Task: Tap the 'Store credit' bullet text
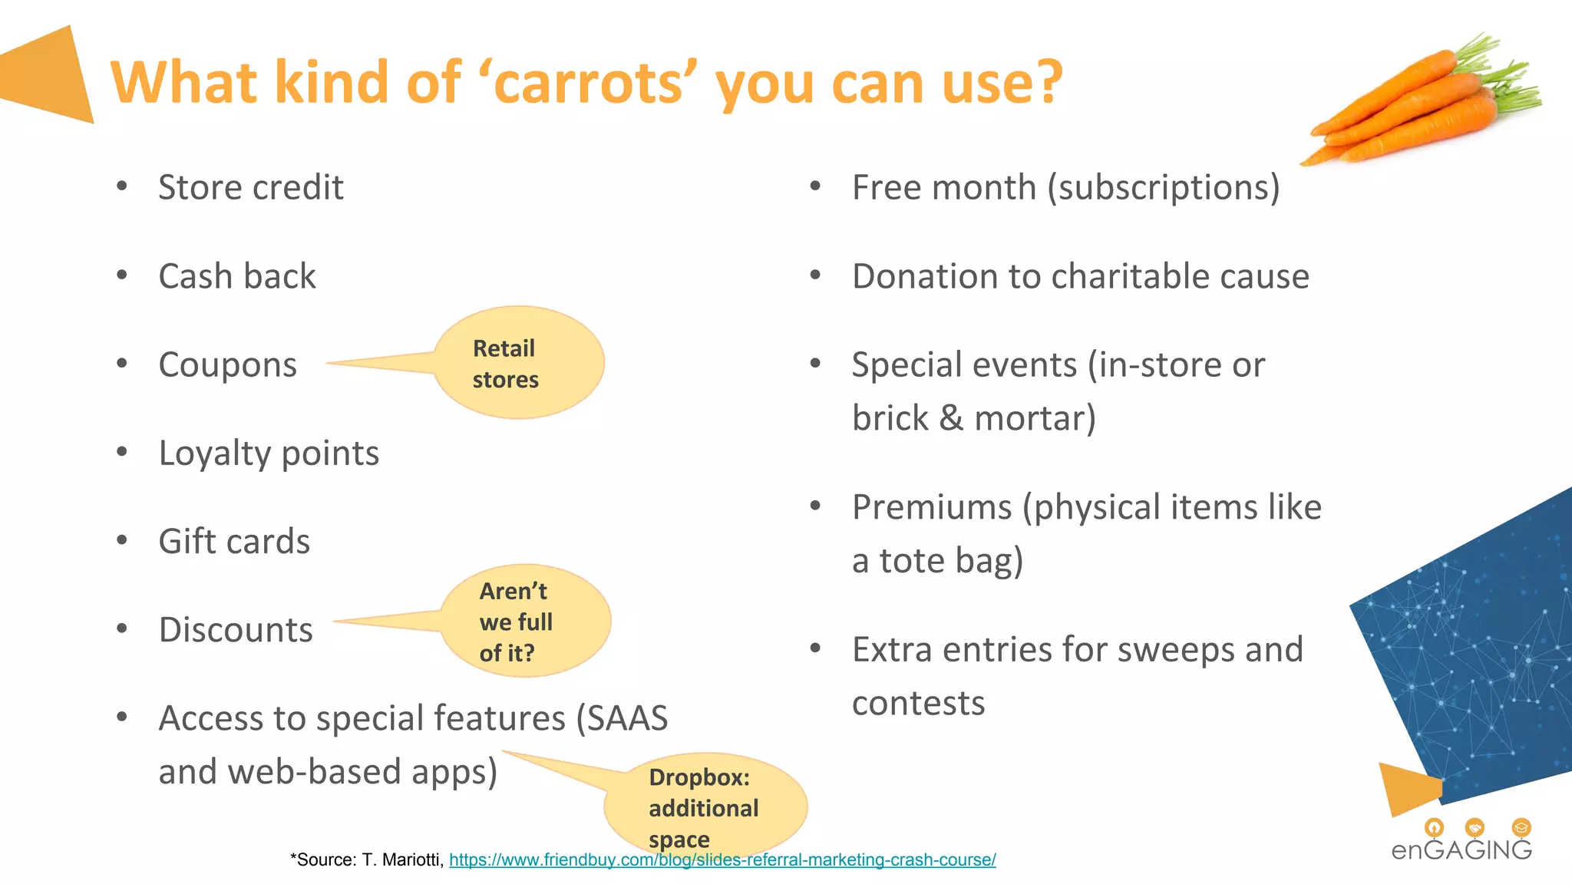(250, 188)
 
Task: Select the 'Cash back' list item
(236, 276)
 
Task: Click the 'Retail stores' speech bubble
(519, 363)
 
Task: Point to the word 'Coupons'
(227, 365)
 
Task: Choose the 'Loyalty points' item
(269, 454)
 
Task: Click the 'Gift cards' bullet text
(234, 542)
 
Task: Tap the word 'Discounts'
(236, 630)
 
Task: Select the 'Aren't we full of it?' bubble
(524, 622)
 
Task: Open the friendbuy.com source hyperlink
(722, 860)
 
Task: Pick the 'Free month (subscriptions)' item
(1065, 188)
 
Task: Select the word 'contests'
(918, 704)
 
